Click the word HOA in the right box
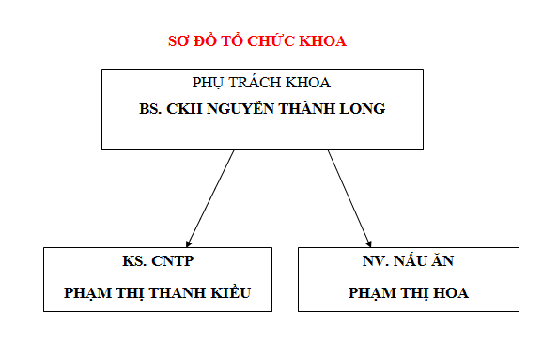[x=451, y=292]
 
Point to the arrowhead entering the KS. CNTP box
[x=189, y=243]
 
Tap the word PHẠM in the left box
[x=86, y=292]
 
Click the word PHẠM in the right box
[x=370, y=292]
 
